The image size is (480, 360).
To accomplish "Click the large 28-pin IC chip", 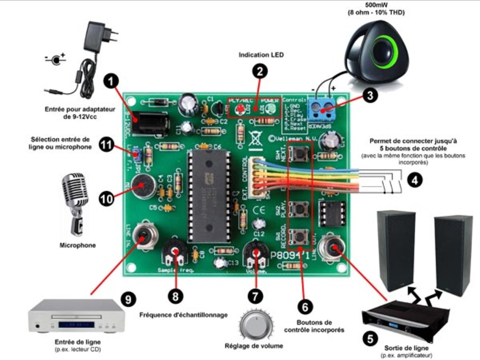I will point(209,196).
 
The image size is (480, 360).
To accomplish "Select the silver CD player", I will point(72,315).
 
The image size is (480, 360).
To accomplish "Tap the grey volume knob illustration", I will point(256,324).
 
